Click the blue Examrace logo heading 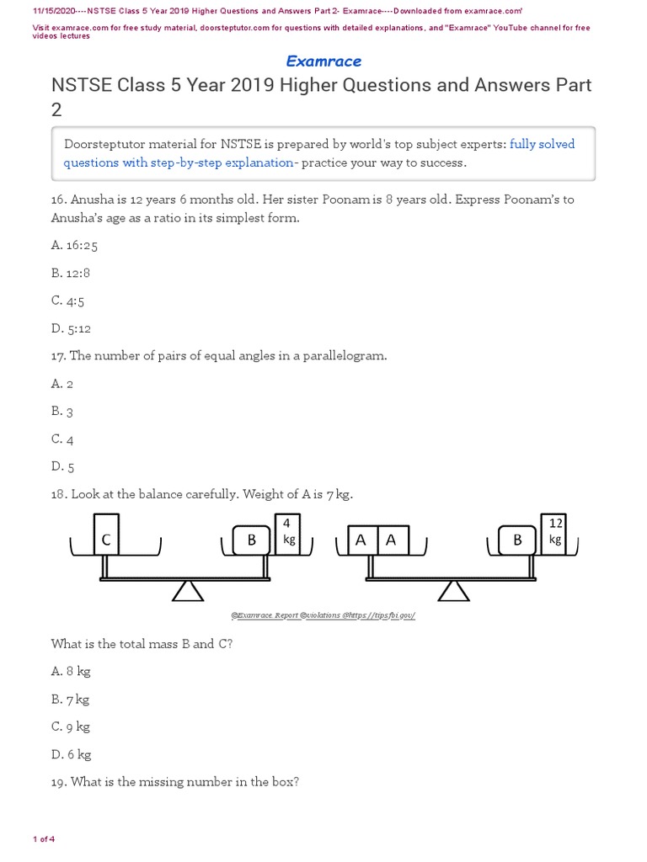(x=323, y=61)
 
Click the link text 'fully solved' (x=542, y=144)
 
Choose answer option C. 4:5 (x=68, y=301)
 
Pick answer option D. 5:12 (x=72, y=328)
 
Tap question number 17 (x=58, y=356)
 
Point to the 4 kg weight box (x=289, y=533)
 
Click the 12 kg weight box (x=554, y=533)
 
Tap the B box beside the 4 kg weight (x=251, y=540)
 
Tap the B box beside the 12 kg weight (x=517, y=540)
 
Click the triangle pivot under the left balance (x=188, y=591)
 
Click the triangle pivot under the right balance (x=454, y=591)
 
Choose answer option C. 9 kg (x=71, y=726)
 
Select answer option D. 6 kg (x=72, y=754)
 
